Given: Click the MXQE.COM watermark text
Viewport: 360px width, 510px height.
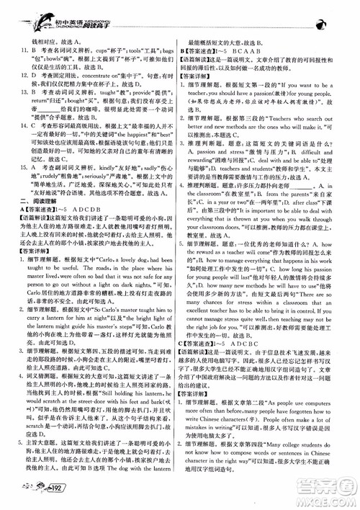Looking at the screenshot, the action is [326, 497].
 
